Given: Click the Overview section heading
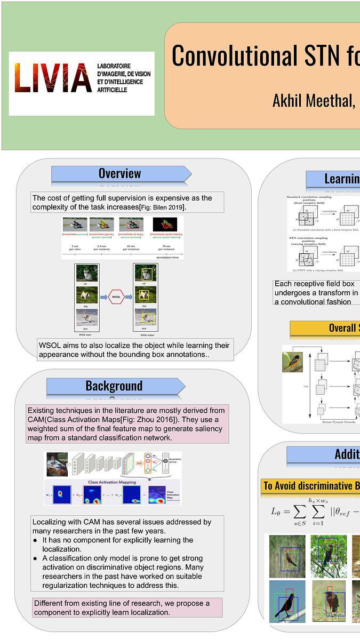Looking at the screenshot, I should pyautogui.click(x=120, y=173).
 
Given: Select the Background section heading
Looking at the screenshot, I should pyautogui.click(x=114, y=386).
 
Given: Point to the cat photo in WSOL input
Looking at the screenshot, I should pyautogui.click(x=86, y=274).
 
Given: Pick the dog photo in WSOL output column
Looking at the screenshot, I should pyautogui.click(x=144, y=294).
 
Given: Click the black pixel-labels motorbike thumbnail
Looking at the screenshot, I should pyautogui.click(x=165, y=225).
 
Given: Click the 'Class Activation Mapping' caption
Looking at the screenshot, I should pyautogui.click(x=111, y=482).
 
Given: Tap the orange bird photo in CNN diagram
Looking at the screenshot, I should pyautogui.click(x=292, y=362).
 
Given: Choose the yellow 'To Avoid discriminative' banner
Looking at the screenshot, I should pyautogui.click(x=309, y=486).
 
